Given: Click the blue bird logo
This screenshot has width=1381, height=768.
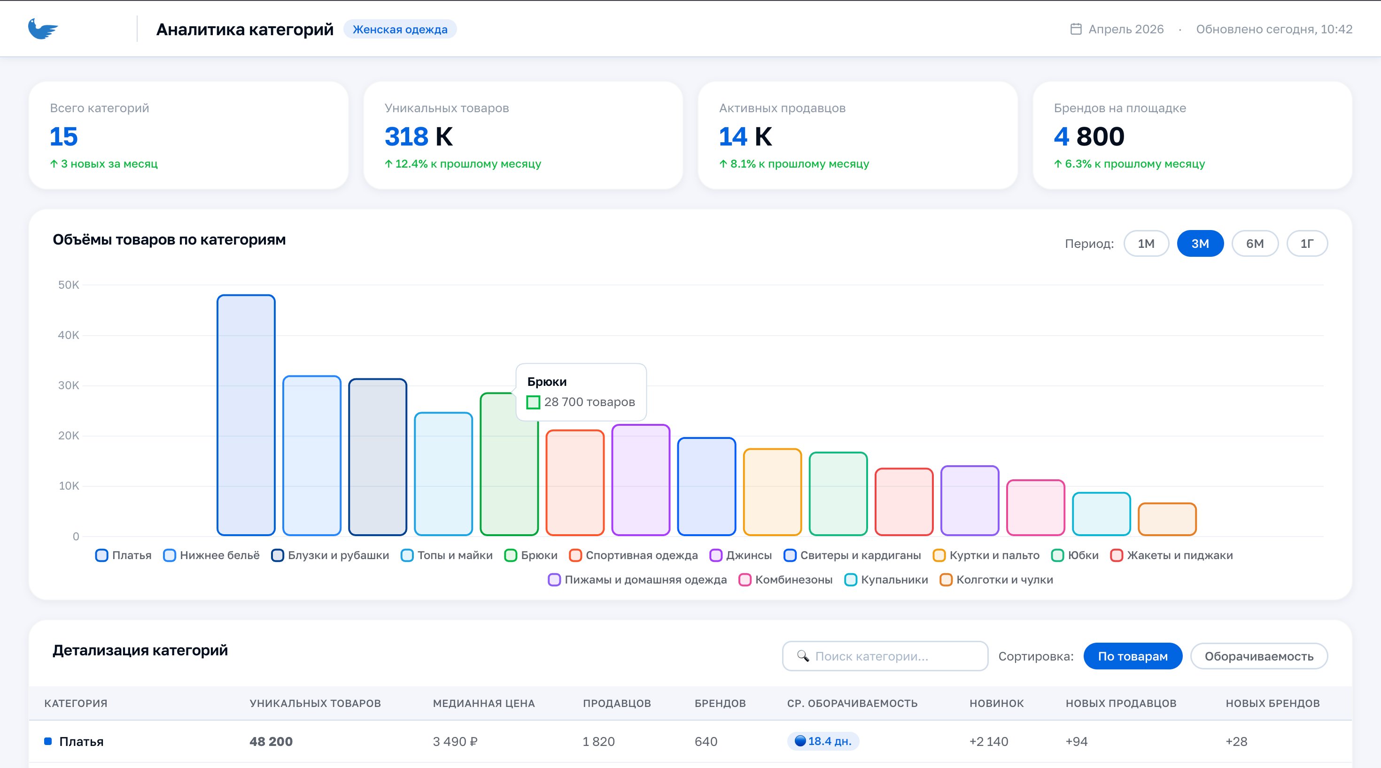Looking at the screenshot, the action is pyautogui.click(x=43, y=29).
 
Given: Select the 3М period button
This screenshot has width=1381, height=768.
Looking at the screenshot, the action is pyautogui.click(x=1200, y=244).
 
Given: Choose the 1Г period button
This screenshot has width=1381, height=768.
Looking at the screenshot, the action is pyautogui.click(x=1307, y=244).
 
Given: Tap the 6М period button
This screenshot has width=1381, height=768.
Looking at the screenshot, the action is pyautogui.click(x=1255, y=244).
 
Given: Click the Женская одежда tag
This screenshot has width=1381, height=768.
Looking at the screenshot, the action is pyautogui.click(x=400, y=30).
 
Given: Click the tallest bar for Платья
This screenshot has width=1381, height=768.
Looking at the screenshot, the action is pyautogui.click(x=246, y=415).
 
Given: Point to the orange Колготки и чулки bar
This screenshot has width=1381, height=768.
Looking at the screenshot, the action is pyautogui.click(x=1167, y=519).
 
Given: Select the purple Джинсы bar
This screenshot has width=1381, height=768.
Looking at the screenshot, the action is pyautogui.click(x=641, y=480).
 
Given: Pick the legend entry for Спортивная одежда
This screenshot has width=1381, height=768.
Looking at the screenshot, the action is pyautogui.click(x=634, y=555).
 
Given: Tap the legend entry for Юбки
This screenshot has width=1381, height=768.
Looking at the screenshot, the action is pyautogui.click(x=1075, y=555).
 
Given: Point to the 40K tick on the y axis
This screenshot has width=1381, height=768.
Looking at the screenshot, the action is pyautogui.click(x=69, y=335).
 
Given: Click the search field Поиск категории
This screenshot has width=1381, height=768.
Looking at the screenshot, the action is pyautogui.click(x=885, y=656).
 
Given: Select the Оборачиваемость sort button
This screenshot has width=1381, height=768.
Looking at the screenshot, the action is pyautogui.click(x=1259, y=656).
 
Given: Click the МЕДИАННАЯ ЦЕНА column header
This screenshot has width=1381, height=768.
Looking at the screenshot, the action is pyautogui.click(x=483, y=703).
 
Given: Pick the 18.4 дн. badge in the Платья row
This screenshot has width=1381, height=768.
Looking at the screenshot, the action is pyautogui.click(x=823, y=741).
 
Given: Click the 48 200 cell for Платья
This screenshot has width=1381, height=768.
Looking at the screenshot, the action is pyautogui.click(x=271, y=741).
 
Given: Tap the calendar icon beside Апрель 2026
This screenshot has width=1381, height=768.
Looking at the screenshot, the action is pyautogui.click(x=1075, y=29).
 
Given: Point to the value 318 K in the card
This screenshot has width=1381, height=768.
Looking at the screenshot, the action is pyautogui.click(x=419, y=136).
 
